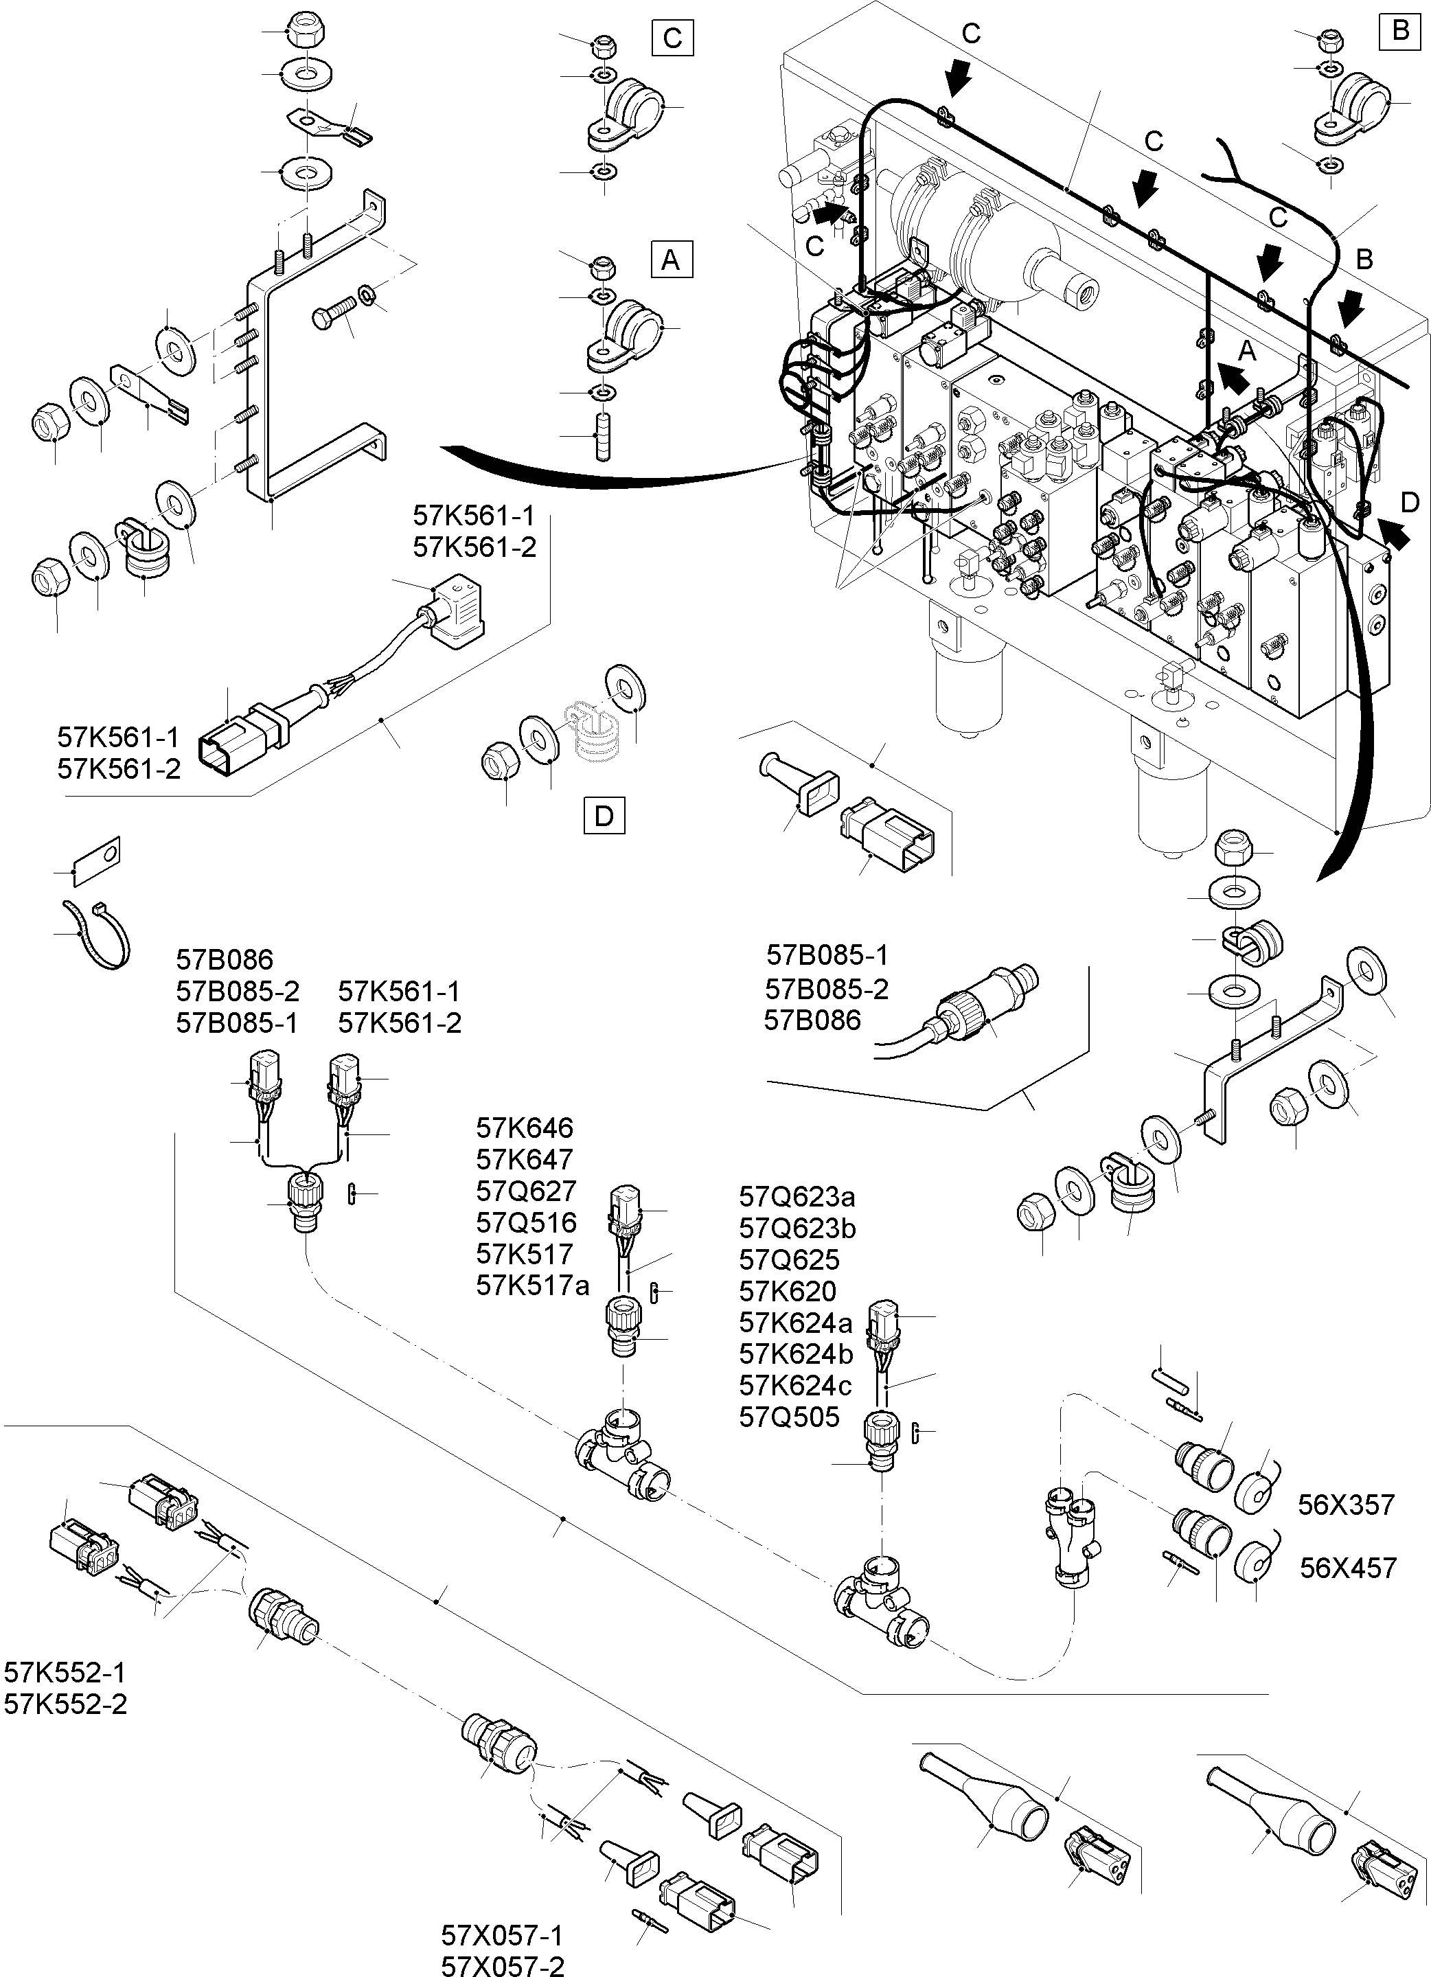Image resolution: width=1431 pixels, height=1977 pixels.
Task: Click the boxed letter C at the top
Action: (x=672, y=38)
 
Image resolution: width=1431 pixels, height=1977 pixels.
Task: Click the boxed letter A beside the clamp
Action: (x=671, y=260)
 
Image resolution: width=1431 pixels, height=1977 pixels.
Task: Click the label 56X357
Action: (x=1346, y=1505)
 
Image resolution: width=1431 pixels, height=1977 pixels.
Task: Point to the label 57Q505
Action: (x=789, y=1417)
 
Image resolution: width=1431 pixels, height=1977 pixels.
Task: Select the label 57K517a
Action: (x=532, y=1285)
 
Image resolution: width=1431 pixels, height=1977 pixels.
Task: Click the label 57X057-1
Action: (x=502, y=1935)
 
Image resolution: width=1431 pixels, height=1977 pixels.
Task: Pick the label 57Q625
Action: (x=789, y=1259)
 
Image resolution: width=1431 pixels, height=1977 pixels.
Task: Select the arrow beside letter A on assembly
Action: (x=1233, y=376)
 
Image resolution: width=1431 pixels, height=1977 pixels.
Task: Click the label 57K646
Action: (x=524, y=1128)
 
